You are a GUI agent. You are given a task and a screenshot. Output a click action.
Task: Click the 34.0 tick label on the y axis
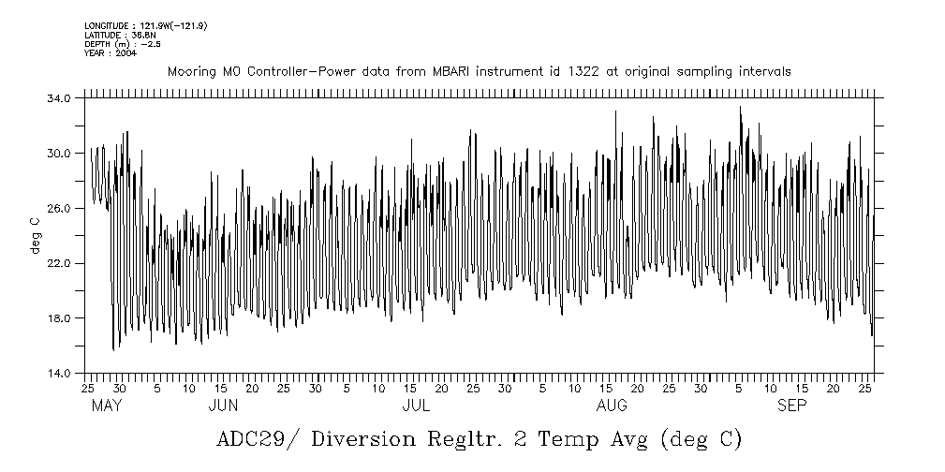point(59,98)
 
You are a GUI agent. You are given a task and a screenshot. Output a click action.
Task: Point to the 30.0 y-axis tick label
point(59,154)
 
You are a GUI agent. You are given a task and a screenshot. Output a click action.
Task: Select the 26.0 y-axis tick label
point(59,209)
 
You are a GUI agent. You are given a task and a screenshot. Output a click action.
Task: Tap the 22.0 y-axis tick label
point(59,264)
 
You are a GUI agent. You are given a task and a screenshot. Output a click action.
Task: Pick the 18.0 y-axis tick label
point(59,318)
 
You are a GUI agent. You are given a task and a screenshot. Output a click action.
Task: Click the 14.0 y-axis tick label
point(59,374)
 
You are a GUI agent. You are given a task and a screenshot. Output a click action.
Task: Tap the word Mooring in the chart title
point(190,71)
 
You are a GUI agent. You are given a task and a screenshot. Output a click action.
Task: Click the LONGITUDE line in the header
point(145,25)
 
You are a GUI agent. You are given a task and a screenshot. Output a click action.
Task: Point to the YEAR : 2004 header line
point(111,53)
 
